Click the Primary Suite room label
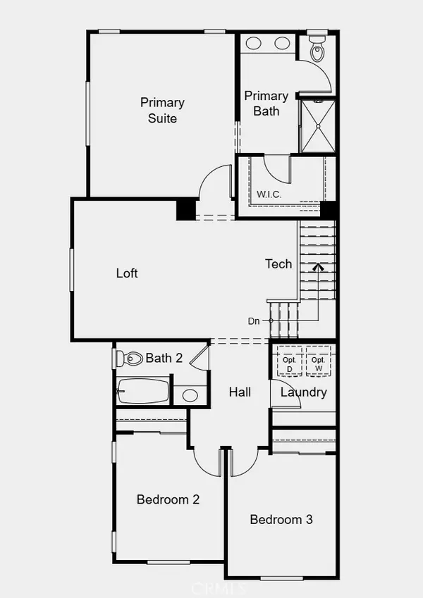tap(162, 111)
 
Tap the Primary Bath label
tap(266, 103)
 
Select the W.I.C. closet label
tap(269, 194)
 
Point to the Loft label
tap(127, 273)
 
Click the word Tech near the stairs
tap(278, 264)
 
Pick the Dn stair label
tap(255, 320)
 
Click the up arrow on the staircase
tap(317, 268)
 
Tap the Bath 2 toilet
tap(132, 359)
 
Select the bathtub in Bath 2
tap(144, 391)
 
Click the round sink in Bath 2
tap(190, 394)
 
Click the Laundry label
tap(303, 392)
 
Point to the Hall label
tap(240, 392)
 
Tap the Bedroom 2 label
tap(168, 499)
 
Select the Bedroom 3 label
tap(281, 520)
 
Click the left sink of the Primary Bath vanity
tap(253, 44)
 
